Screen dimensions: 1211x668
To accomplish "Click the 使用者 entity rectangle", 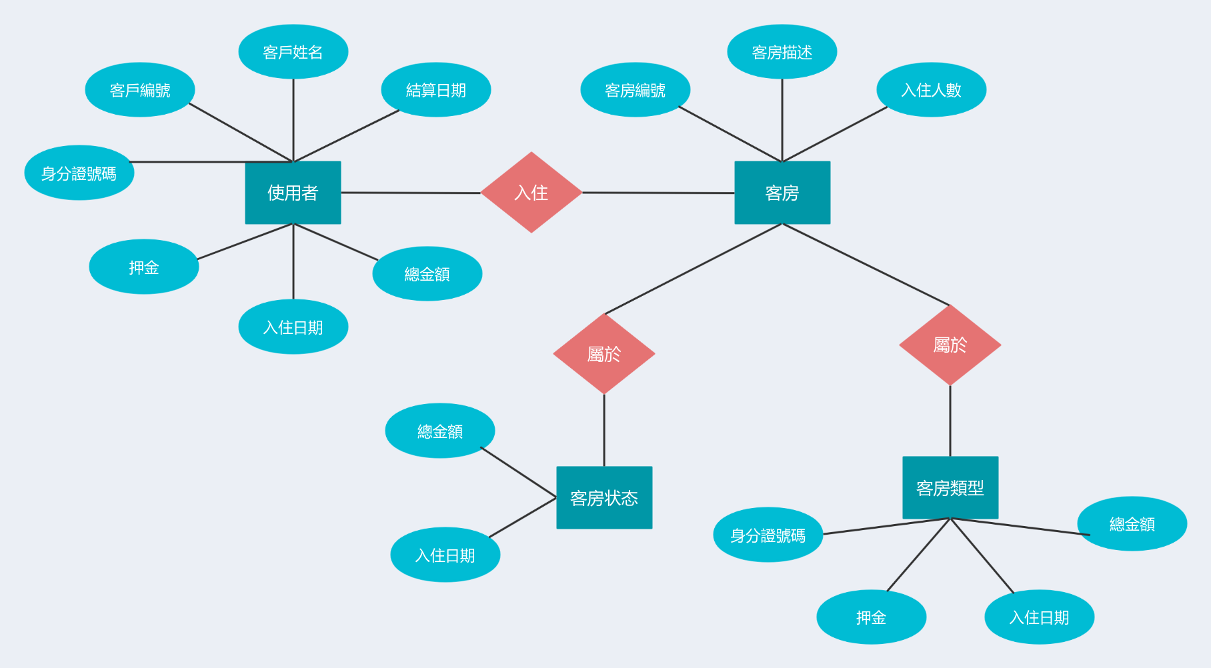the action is pos(293,193).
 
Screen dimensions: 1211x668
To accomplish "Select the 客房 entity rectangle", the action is pos(782,193).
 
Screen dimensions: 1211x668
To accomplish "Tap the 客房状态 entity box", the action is pos(604,497).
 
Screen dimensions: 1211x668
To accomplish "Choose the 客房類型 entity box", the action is pos(950,487).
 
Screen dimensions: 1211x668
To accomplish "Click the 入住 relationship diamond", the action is pos(531,193).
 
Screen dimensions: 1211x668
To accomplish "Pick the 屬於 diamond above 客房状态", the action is pos(604,353).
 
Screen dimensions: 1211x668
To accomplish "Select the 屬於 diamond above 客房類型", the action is pos(950,345).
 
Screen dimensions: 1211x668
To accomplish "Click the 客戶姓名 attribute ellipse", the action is pos(293,52).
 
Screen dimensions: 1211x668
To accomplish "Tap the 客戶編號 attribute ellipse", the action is pos(140,90).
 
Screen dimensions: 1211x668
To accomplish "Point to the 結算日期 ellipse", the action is pos(436,90).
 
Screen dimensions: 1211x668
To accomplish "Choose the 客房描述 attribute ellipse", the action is pos(782,52).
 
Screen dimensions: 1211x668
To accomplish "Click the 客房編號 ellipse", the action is pos(636,90).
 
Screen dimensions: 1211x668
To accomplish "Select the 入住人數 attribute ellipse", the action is pos(932,90).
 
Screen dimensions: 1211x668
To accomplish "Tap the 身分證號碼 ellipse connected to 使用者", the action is pos(79,173).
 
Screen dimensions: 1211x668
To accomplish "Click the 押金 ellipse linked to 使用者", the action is pos(144,267).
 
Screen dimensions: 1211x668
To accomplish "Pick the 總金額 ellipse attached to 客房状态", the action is pos(440,431).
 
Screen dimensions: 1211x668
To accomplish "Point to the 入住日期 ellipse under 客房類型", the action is pos(1040,617).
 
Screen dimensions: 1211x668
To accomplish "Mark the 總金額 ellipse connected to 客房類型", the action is pos(1132,524).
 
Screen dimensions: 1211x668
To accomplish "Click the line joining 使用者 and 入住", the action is pos(411,193).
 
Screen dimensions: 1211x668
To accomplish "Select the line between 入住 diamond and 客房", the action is pos(658,193).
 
